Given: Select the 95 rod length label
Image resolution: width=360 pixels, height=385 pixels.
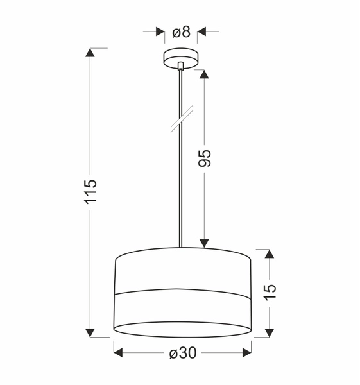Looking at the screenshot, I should tap(205, 158).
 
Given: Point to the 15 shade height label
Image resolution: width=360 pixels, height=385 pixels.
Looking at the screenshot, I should tap(270, 290).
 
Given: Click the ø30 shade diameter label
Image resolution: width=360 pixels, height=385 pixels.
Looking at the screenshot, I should tap(182, 354).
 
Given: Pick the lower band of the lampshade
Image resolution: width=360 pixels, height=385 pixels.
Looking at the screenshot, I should tap(182, 311).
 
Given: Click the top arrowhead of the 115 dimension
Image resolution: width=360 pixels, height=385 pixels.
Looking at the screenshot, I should tap(90, 53).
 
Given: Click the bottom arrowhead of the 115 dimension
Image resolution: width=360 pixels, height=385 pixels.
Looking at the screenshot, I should tap(90, 331).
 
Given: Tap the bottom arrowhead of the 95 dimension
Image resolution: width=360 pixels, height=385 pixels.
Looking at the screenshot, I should tap(204, 243).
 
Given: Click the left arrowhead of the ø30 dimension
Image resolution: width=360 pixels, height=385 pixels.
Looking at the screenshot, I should tap(119, 352).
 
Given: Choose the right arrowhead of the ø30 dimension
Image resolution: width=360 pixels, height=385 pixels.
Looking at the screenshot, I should tap(246, 352).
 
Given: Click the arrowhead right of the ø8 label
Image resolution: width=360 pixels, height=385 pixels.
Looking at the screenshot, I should tap(201, 30).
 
